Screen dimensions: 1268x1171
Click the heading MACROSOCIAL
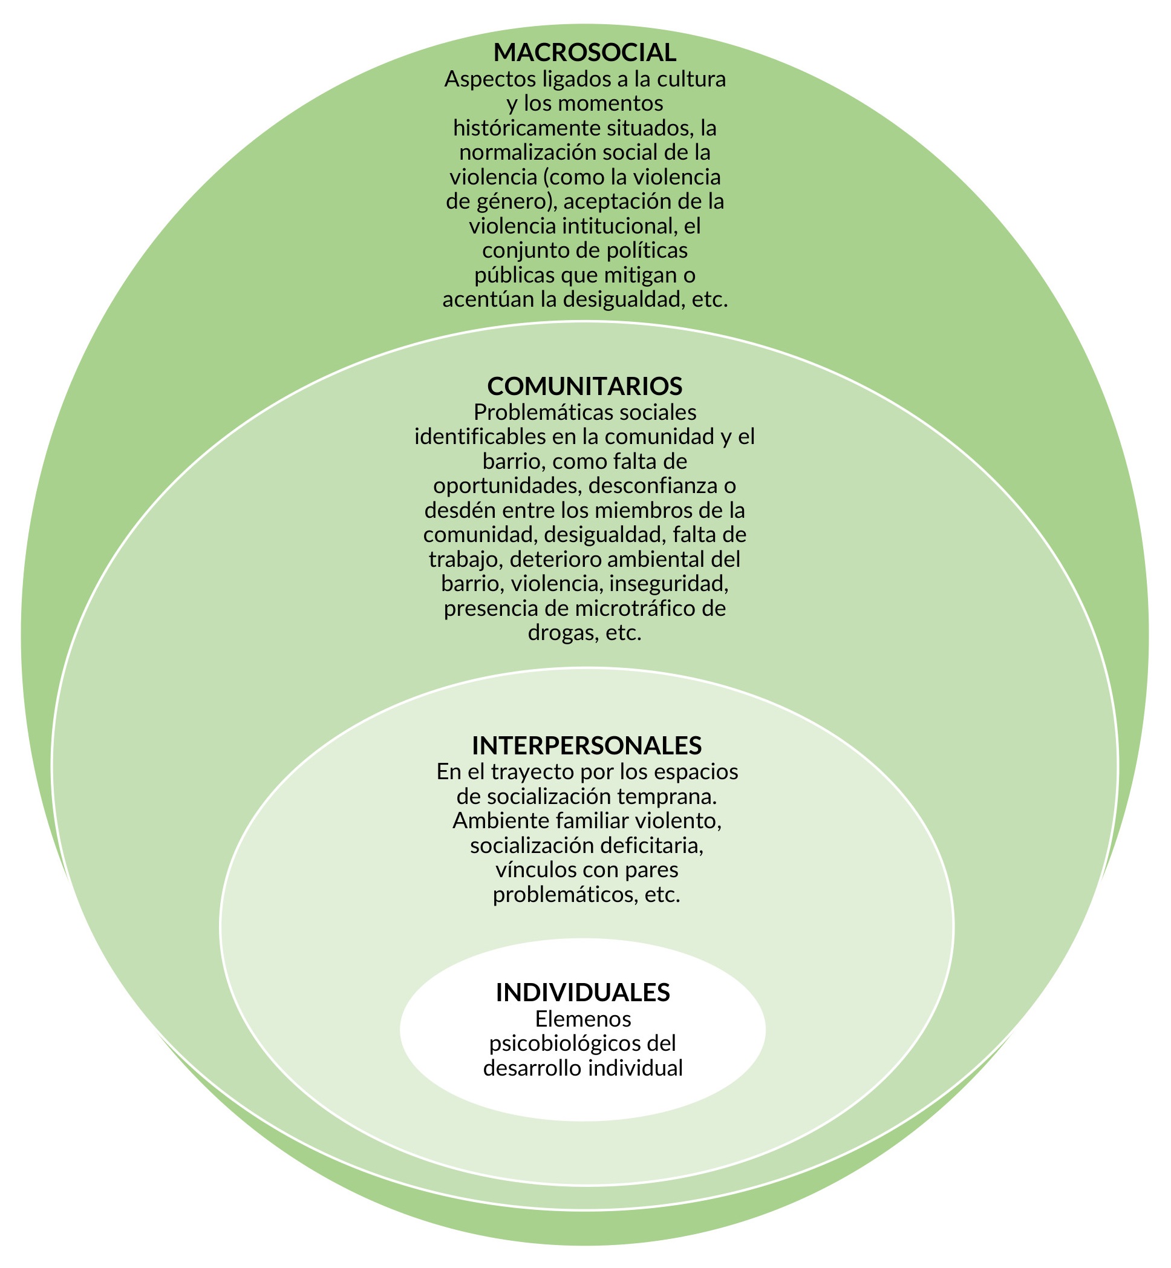(x=585, y=53)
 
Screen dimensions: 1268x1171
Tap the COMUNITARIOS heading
(x=585, y=385)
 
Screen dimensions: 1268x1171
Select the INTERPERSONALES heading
(x=587, y=745)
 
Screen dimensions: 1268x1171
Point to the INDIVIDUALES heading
(x=582, y=992)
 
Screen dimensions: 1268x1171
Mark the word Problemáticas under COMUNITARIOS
(x=535, y=413)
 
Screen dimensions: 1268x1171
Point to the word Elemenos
(x=583, y=1018)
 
